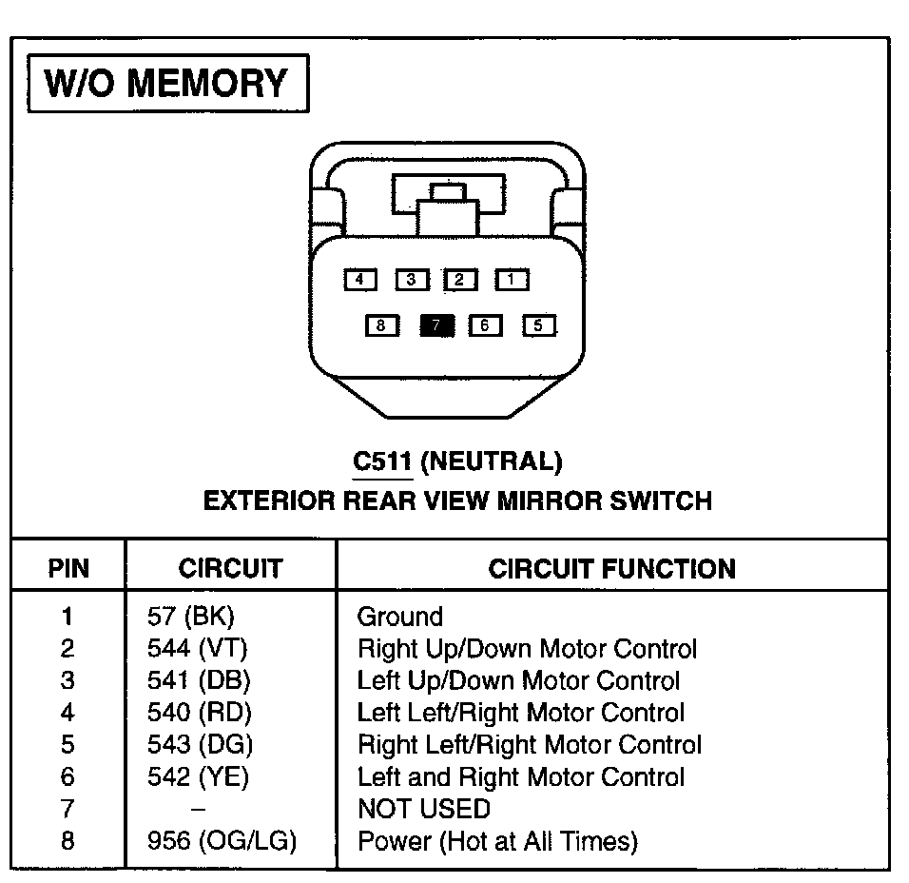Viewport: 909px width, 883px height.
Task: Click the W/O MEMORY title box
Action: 167,85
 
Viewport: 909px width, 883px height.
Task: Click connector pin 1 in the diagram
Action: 511,280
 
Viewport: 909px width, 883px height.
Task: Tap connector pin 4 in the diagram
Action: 359,280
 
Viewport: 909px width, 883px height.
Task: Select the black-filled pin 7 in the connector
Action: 436,325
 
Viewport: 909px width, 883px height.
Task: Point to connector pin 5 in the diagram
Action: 538,325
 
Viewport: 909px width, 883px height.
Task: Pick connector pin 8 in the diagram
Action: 381,325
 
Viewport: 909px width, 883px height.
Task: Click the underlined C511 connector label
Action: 382,462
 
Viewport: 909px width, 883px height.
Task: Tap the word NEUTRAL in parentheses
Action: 491,462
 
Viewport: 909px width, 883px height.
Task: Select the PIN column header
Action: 68,569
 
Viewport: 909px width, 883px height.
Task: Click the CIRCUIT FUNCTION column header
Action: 611,569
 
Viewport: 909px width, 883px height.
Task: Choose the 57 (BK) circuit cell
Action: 190,617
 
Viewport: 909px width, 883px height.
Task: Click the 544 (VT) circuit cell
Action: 197,649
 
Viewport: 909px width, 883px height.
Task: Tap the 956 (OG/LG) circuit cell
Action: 222,841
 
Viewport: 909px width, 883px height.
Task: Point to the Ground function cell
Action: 399,617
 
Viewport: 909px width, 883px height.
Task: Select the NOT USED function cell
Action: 423,810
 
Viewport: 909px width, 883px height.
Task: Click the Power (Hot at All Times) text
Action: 496,841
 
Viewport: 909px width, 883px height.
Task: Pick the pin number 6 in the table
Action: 67,777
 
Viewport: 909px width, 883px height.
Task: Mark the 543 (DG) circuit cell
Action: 200,745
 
